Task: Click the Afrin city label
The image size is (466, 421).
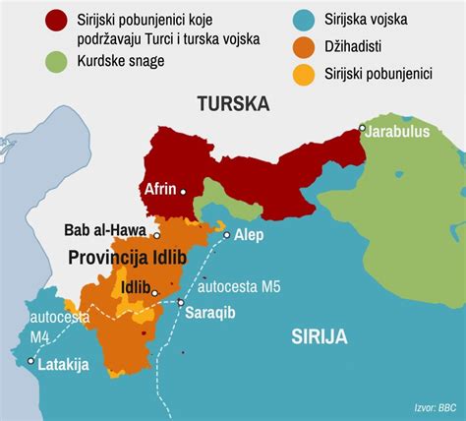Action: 161,187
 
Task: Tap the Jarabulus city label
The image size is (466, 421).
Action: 400,129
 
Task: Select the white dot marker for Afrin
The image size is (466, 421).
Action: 182,192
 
